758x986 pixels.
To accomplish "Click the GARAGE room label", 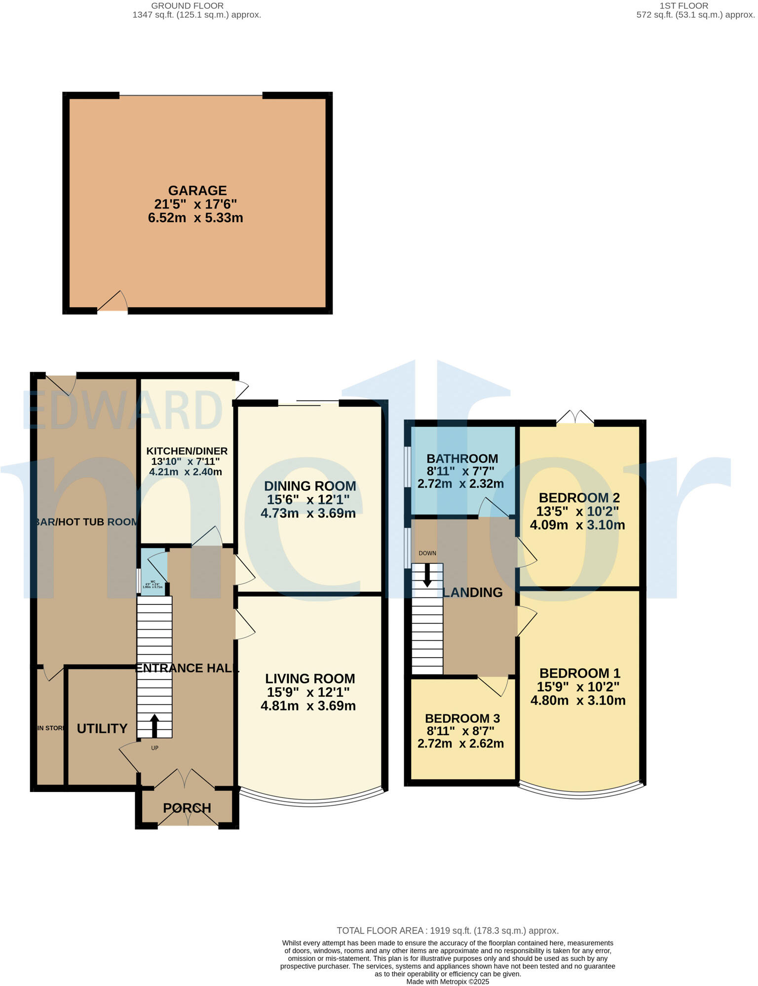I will coord(197,191).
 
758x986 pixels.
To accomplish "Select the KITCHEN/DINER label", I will coord(187,451).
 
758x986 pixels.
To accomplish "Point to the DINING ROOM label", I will coord(310,486).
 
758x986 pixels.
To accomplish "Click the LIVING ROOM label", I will coord(310,678).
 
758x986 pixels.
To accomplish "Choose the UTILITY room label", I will coord(102,728).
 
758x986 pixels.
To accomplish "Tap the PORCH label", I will coord(187,808).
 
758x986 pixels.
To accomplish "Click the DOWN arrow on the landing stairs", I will coord(427,574).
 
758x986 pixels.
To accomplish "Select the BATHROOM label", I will coord(462,458).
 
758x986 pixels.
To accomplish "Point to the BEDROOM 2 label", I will coord(579,497).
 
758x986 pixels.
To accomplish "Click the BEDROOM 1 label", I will coord(579,673).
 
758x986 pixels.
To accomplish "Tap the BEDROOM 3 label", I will coord(462,718).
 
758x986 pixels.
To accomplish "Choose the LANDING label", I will coord(473,592).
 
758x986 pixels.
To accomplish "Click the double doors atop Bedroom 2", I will coord(575,417).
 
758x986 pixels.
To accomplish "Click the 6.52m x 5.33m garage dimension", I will coord(195,218).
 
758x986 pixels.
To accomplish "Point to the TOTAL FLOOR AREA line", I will coord(448,931).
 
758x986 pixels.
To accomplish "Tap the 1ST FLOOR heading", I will coord(683,6).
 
